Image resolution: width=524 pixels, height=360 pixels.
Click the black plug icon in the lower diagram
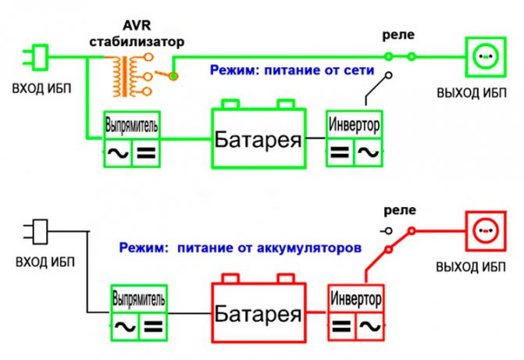(36, 232)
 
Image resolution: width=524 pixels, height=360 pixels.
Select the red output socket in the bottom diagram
(487, 232)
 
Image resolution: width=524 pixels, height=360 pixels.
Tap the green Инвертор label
(355, 124)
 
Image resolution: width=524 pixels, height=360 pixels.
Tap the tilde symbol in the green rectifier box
(118, 152)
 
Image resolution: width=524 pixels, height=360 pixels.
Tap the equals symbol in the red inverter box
(340, 326)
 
